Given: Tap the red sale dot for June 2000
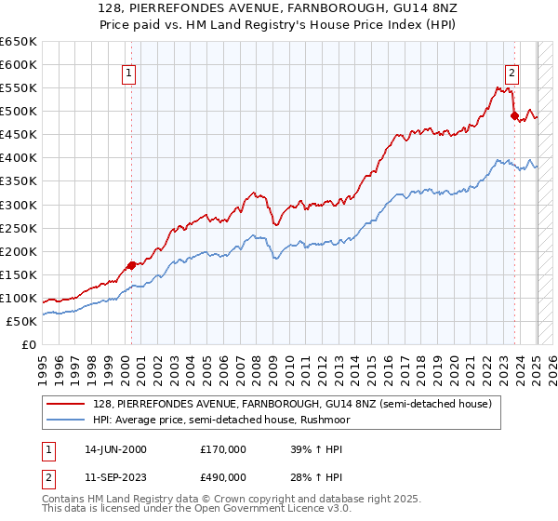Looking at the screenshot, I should [131, 264].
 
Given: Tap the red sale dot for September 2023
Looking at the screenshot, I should [514, 115].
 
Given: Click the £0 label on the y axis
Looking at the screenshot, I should [30, 344].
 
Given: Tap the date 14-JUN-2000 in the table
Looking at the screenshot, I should [115, 449].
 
